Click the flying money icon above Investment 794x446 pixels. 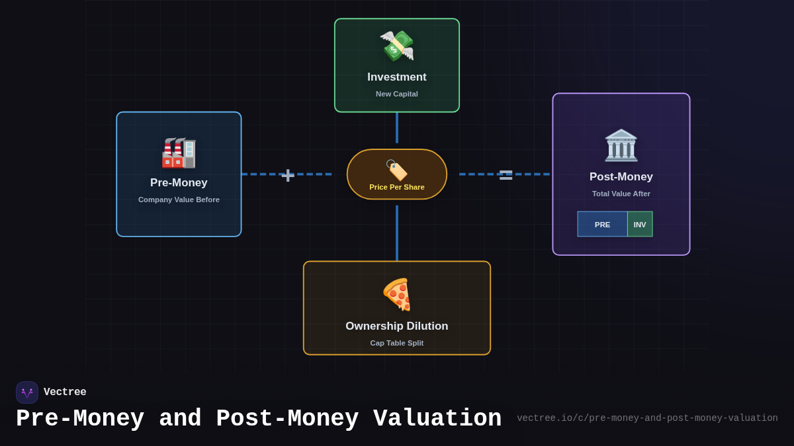pos(396,46)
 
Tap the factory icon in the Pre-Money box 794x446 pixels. pos(179,153)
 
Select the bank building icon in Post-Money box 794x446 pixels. pos(621,145)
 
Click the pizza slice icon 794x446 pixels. pos(397,294)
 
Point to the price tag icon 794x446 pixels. pos(396,170)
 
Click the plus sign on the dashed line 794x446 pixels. pos(288,175)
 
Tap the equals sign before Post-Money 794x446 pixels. pos(506,175)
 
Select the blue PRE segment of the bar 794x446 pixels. pos(602,225)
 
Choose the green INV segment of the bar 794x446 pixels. pos(640,225)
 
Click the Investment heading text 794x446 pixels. pos(397,77)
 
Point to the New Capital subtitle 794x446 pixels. pos(397,94)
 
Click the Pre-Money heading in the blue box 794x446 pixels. pos(179,183)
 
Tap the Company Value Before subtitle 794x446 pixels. pos(179,200)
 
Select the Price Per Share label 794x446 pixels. pos(397,187)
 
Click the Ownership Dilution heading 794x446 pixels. pos(397,326)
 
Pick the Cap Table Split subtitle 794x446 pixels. pos(397,343)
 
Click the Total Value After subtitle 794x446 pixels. pos(621,194)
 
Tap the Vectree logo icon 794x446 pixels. pos(27,392)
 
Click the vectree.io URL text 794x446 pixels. pos(647,418)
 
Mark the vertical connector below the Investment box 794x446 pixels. pos(397,128)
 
